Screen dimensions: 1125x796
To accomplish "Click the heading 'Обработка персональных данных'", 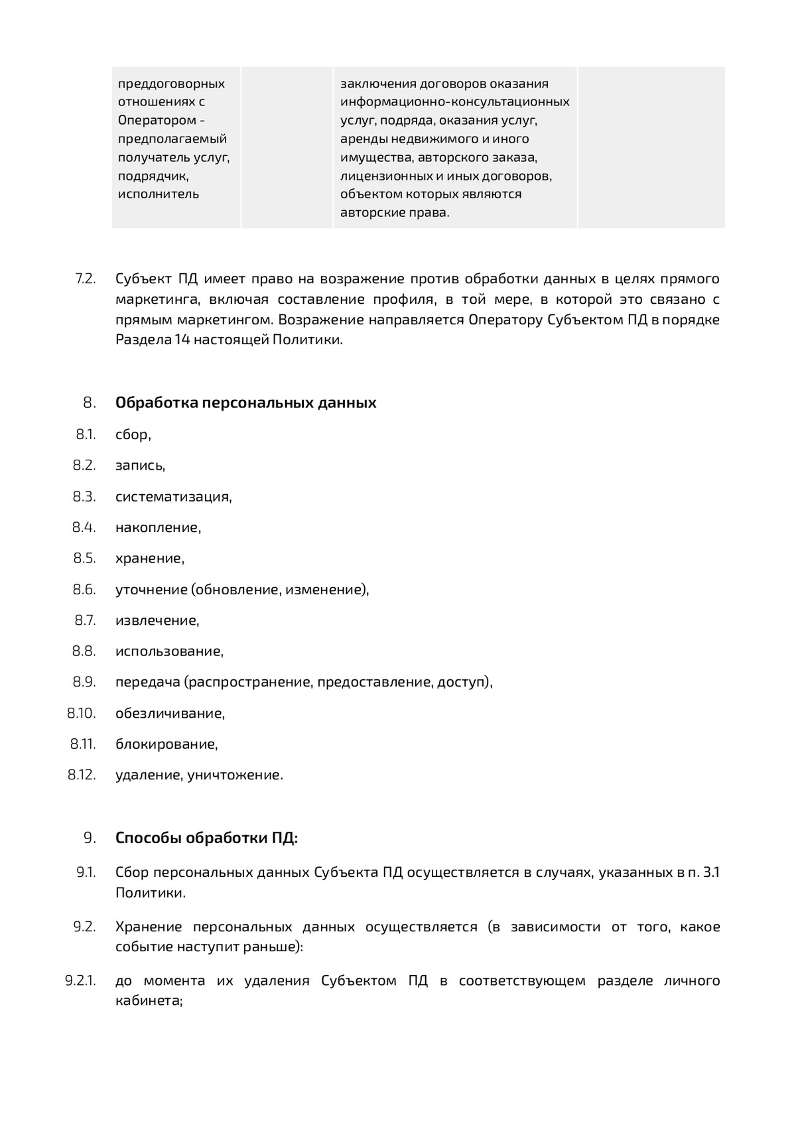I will [245, 403].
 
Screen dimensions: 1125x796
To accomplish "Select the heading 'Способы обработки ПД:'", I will [206, 838].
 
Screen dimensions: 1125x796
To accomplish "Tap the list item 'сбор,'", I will [133, 434].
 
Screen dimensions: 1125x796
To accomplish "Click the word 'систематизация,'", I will [173, 496].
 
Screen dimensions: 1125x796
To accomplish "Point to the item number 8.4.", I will [84, 527].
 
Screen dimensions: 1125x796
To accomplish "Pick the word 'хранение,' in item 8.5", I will [149, 559].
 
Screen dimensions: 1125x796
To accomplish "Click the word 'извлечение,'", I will [157, 620].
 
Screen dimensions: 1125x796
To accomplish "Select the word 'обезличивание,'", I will [170, 713].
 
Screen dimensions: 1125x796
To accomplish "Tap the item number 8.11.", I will [84, 744].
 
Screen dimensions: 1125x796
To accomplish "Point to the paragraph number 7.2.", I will [86, 279].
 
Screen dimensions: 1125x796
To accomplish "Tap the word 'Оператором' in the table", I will [157, 120].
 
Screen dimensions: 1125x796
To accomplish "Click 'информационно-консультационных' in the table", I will [454, 102].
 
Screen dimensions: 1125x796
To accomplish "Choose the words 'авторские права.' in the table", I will [395, 213].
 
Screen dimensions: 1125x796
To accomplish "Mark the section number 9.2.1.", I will [81, 980].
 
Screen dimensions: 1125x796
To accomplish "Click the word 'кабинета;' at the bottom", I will [149, 1001].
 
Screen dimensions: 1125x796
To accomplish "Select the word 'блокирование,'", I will [166, 744].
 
